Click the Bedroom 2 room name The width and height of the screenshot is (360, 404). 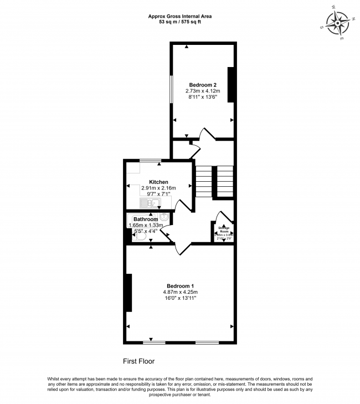click(x=203, y=85)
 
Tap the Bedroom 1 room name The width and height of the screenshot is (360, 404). click(x=180, y=286)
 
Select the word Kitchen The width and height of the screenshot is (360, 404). click(x=158, y=182)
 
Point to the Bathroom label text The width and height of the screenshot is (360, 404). click(x=146, y=219)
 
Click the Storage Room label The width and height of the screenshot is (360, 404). click(x=224, y=229)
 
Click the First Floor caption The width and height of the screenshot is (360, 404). click(x=138, y=361)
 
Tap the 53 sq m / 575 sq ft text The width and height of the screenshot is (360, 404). click(x=180, y=23)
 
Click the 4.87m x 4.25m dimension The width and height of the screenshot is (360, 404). click(x=180, y=292)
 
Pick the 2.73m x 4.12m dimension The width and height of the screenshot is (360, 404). click(x=203, y=91)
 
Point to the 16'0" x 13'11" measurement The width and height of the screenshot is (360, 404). click(x=180, y=298)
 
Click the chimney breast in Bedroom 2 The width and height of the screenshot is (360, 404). click(x=231, y=85)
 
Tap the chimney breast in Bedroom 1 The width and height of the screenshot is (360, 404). click(x=129, y=292)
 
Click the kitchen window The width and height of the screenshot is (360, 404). click(x=150, y=161)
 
